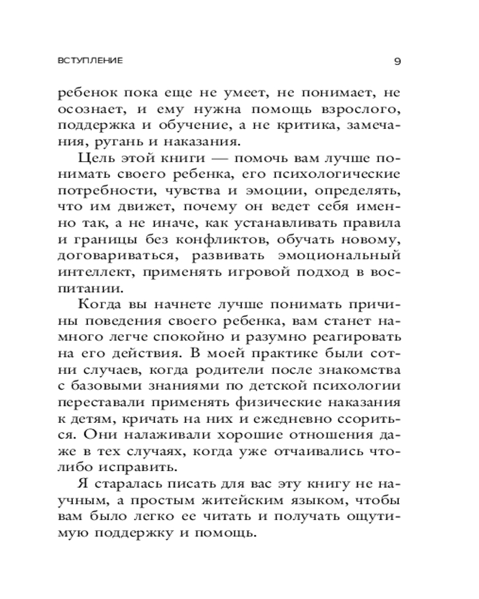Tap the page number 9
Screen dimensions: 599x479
(398, 60)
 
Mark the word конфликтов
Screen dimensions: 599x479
(228, 240)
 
